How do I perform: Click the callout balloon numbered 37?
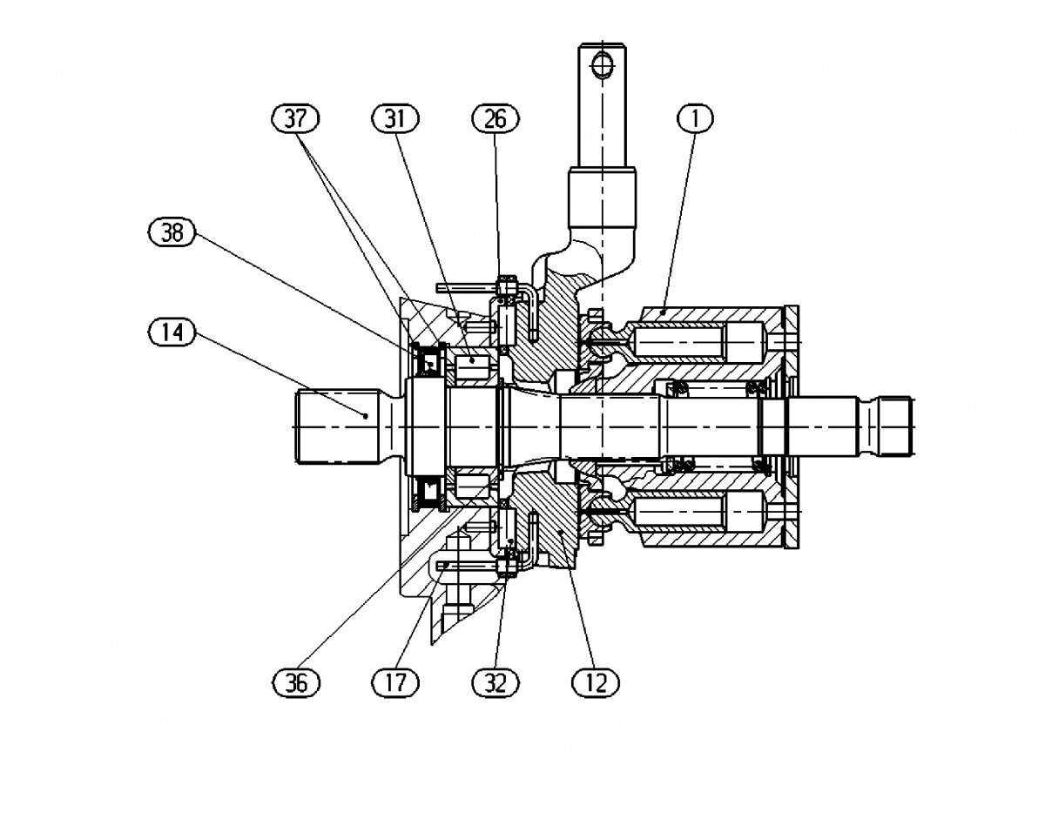(x=295, y=118)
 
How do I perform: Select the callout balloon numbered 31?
(x=395, y=118)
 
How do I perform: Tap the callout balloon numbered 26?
(x=496, y=118)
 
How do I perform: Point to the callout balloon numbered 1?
(x=696, y=118)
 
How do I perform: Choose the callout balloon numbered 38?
(x=172, y=232)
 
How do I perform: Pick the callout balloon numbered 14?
(x=172, y=332)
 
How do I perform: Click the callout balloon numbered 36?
(x=296, y=682)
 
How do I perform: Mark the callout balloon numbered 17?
(x=395, y=682)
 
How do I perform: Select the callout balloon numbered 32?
(x=496, y=682)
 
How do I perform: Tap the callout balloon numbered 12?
(x=596, y=682)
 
